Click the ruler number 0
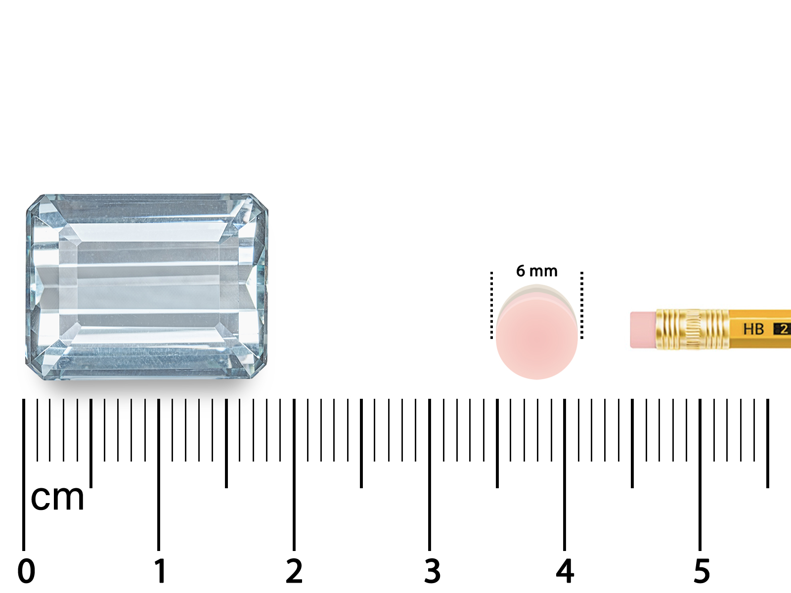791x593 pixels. click(x=26, y=571)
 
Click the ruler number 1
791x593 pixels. click(x=160, y=571)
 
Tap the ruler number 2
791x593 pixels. click(x=294, y=571)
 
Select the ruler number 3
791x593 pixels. click(x=432, y=571)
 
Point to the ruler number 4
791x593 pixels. click(x=565, y=571)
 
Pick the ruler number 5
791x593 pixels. click(x=702, y=571)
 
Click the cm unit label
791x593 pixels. click(x=57, y=498)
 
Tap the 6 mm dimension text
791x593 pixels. click(x=536, y=271)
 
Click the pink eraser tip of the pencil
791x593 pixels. click(x=643, y=330)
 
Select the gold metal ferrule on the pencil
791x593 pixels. click(x=692, y=329)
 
